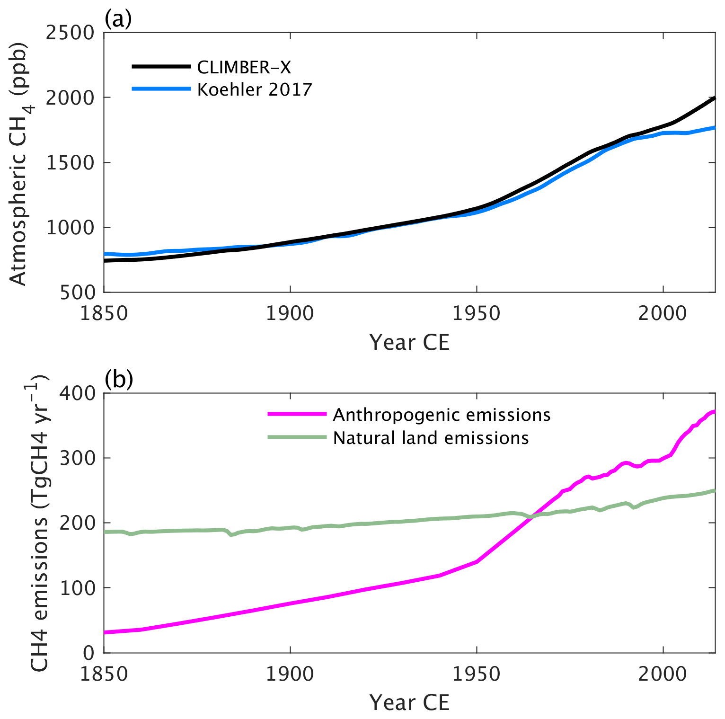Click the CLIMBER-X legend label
click(x=244, y=67)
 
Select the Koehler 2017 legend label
click(x=255, y=89)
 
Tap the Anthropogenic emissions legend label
click(x=442, y=415)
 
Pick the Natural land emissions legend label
click(x=431, y=438)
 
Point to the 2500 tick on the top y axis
click(x=71, y=33)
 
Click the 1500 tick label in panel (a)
click(x=71, y=162)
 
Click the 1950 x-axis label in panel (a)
click(x=476, y=314)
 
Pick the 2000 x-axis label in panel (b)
click(x=663, y=674)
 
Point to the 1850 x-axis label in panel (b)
click(x=104, y=674)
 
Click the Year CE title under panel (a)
click(x=409, y=342)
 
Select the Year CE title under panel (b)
click(x=409, y=702)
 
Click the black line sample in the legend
click(x=161, y=67)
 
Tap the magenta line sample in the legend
click(x=297, y=414)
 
